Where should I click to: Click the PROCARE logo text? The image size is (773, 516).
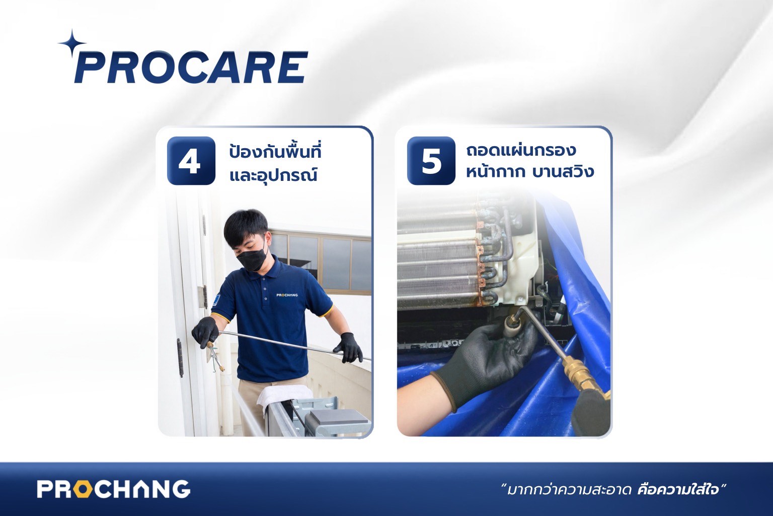(191, 68)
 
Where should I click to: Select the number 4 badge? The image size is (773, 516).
(191, 161)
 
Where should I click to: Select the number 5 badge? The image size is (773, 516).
(431, 161)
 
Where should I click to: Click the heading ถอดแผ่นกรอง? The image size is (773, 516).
(521, 151)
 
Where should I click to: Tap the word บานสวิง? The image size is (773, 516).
(563, 172)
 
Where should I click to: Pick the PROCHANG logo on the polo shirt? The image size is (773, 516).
(287, 295)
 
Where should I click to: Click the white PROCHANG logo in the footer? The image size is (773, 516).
(114, 489)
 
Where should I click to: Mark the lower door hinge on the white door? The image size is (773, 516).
(180, 358)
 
